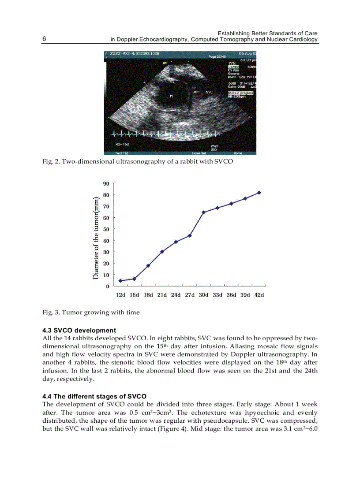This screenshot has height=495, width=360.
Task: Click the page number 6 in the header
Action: (44, 39)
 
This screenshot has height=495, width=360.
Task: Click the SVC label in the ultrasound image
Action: (210, 92)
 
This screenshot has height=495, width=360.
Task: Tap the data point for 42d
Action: (259, 193)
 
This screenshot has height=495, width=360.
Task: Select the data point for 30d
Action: (203, 212)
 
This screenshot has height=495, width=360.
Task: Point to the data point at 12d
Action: (120, 281)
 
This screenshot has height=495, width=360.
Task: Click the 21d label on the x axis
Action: (162, 295)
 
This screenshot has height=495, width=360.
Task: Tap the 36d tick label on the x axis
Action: (231, 295)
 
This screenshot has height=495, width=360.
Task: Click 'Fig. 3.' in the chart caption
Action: (51, 312)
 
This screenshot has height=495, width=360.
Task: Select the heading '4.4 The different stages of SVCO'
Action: (94, 396)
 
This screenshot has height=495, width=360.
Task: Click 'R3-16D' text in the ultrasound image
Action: (122, 144)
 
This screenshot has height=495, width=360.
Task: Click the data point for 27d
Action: (190, 235)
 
